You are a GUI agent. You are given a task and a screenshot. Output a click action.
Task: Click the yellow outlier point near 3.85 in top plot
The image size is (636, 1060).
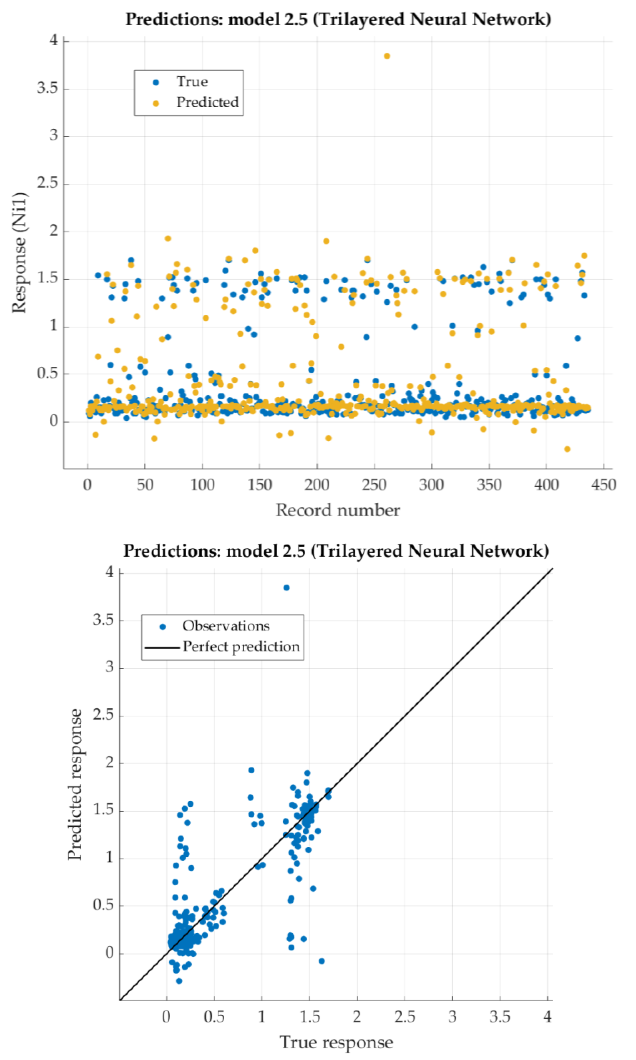[x=387, y=56]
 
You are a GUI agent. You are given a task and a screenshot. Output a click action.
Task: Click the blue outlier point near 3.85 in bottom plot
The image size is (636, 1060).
[x=286, y=588]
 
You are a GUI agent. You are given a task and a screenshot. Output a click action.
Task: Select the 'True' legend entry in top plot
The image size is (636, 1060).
[x=192, y=82]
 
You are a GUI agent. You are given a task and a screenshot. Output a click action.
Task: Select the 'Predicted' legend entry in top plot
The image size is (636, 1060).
[x=207, y=102]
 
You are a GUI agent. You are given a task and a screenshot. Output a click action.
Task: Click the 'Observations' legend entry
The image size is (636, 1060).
[x=226, y=626]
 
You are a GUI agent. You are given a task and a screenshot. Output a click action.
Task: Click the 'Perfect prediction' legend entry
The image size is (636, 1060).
[x=241, y=647]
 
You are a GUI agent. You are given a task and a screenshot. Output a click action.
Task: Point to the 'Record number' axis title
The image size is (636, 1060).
[x=338, y=510]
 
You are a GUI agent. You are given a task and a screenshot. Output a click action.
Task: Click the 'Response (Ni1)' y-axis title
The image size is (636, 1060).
[x=19, y=253]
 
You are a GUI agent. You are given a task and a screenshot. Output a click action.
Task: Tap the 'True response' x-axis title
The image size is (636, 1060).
[x=336, y=1042]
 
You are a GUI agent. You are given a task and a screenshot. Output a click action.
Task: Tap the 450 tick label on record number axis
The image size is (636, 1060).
[x=603, y=485]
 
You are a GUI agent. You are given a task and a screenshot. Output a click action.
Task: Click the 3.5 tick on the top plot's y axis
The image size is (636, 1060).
[x=47, y=89]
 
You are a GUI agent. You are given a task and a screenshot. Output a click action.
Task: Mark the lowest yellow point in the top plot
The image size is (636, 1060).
[x=567, y=449]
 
